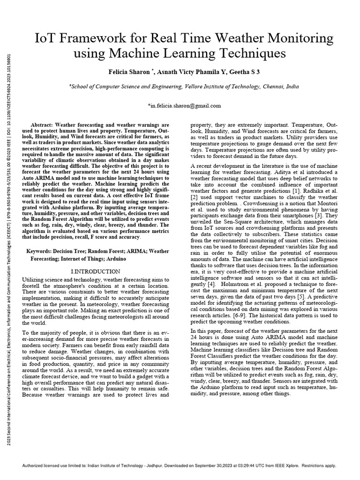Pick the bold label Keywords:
[42, 252]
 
